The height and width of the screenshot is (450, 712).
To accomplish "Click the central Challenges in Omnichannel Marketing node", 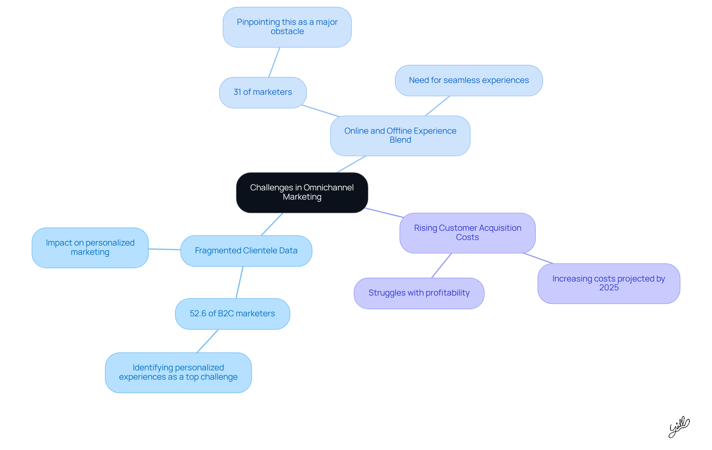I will pyautogui.click(x=302, y=192).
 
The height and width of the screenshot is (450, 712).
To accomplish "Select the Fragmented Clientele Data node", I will pyautogui.click(x=246, y=251).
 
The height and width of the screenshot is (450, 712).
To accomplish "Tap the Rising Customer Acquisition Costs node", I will pyautogui.click(x=467, y=233).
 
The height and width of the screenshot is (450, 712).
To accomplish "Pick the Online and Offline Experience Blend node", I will pyautogui.click(x=400, y=136).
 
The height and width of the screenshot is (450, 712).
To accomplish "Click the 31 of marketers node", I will pyautogui.click(x=263, y=92).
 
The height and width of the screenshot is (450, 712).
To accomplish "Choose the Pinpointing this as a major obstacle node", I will pyautogui.click(x=287, y=27).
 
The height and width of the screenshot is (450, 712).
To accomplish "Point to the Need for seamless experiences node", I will pyautogui.click(x=468, y=80).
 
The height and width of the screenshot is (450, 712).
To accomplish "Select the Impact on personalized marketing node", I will pyautogui.click(x=90, y=247).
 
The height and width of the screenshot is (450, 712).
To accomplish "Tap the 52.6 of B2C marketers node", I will pyautogui.click(x=232, y=314).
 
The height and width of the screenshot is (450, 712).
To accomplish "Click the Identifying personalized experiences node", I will pyautogui.click(x=178, y=372).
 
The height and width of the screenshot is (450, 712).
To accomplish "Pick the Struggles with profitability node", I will pyautogui.click(x=419, y=293).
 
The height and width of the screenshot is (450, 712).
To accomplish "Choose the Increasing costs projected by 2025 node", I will pyautogui.click(x=608, y=283).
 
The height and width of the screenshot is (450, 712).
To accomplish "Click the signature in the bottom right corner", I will pyautogui.click(x=679, y=427).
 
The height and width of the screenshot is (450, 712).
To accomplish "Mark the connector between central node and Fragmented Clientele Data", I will pyautogui.click(x=272, y=224).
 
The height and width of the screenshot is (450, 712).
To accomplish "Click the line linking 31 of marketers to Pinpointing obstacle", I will pyautogui.click(x=274, y=62).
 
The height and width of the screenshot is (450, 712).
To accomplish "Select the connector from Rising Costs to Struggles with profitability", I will pyautogui.click(x=441, y=266).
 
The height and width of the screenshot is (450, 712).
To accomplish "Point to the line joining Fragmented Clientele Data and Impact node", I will pyautogui.click(x=164, y=249).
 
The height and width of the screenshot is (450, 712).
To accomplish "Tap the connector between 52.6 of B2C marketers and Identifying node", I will pyautogui.click(x=207, y=341).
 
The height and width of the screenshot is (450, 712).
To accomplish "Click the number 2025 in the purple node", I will pyautogui.click(x=609, y=288).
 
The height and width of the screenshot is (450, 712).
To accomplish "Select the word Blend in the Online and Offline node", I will pyautogui.click(x=400, y=140).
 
